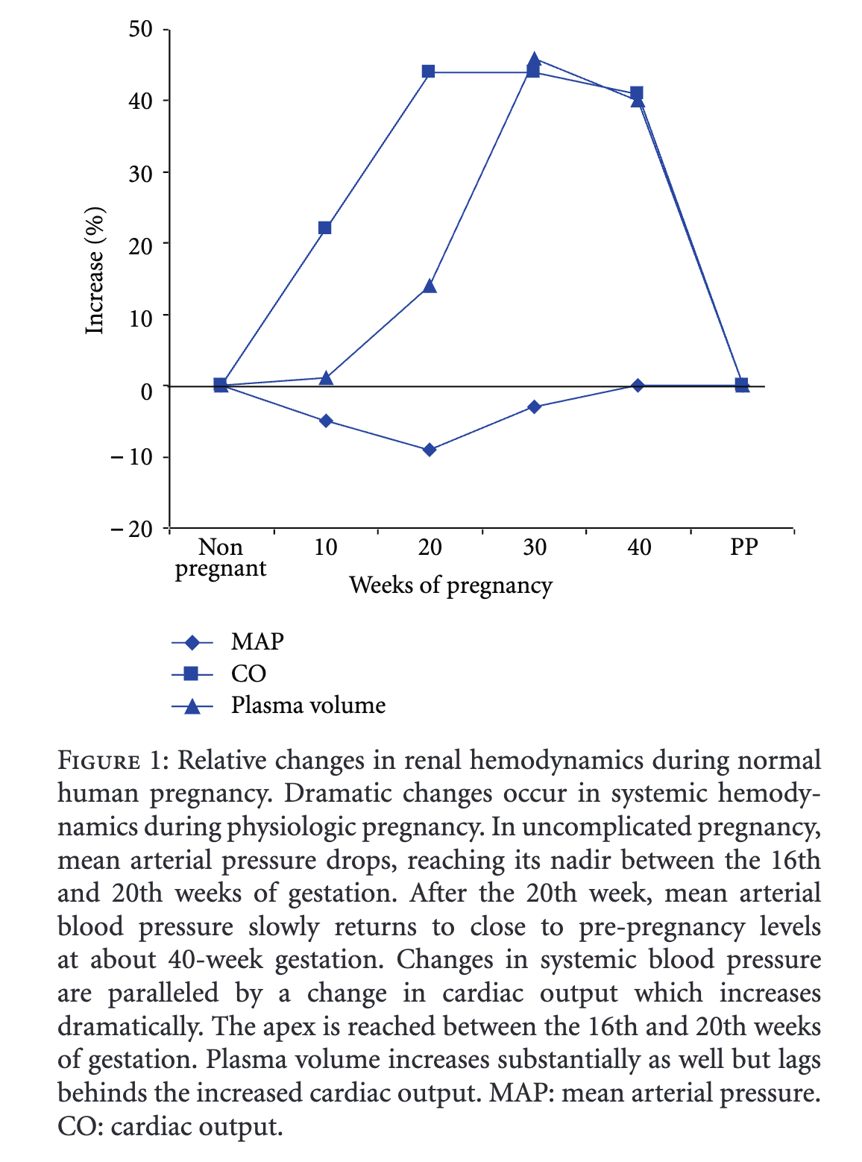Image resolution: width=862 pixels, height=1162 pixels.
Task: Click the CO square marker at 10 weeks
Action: point(325,227)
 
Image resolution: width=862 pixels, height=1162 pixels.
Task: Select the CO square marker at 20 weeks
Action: point(429,72)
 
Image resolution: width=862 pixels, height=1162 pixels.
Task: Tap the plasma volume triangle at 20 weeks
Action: point(430,286)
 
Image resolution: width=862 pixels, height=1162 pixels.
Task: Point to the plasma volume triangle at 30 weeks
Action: point(534,60)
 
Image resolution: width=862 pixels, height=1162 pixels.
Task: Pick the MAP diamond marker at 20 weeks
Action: point(429,450)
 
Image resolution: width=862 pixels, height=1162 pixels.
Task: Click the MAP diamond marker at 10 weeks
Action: point(325,421)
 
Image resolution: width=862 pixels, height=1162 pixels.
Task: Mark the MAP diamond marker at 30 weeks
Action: point(534,406)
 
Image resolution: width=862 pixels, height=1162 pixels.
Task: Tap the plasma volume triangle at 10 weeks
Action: point(326,377)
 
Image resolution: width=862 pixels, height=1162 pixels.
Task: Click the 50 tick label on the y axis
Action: point(141,29)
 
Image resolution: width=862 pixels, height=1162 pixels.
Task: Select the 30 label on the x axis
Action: point(534,548)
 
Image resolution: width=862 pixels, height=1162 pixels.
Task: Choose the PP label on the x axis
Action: point(743,548)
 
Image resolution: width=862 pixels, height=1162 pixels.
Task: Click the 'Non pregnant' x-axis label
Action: point(221,558)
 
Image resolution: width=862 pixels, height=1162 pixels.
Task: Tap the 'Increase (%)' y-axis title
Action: point(95,271)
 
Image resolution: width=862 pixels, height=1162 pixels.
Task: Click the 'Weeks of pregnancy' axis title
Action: point(450,585)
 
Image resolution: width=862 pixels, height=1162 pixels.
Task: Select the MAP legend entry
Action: point(257,641)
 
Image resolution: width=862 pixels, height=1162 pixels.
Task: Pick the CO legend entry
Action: point(248,673)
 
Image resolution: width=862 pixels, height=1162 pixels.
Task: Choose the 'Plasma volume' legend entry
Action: point(308,706)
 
